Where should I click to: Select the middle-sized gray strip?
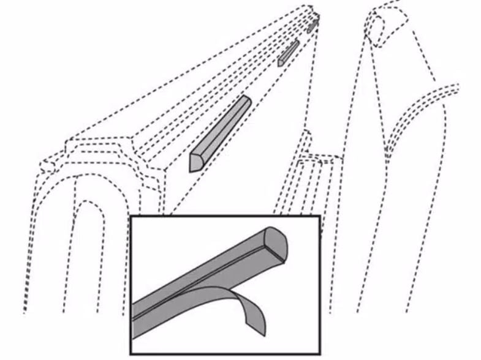click(x=288, y=53)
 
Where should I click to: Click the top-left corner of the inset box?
click(x=131, y=216)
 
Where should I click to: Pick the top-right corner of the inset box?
click(x=320, y=216)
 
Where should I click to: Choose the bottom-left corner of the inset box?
click(x=131, y=353)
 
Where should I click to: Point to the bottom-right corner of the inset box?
click(x=320, y=353)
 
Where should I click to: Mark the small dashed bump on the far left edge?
click(x=45, y=164)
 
